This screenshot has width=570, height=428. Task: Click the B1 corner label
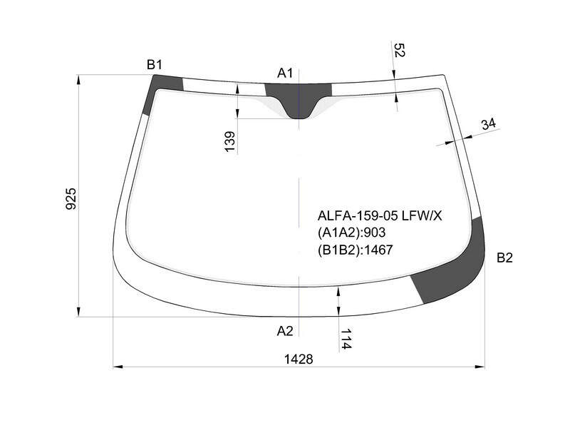[x=154, y=65]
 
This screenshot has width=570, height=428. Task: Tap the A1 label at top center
[x=284, y=73]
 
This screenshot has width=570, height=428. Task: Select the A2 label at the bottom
[x=285, y=331]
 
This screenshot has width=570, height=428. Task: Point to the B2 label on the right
[x=504, y=258]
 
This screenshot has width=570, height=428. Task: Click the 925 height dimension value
[x=71, y=199]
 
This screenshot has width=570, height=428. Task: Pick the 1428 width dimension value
[x=299, y=360]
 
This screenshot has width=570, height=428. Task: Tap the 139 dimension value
[x=229, y=141]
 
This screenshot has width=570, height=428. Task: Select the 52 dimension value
[x=399, y=50]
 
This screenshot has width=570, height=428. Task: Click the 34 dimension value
[x=489, y=124]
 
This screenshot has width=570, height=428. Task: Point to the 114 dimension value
[x=346, y=339]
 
